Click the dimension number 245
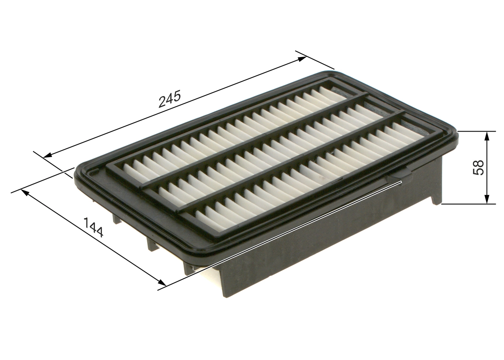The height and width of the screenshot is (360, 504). pyautogui.click(x=169, y=99)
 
